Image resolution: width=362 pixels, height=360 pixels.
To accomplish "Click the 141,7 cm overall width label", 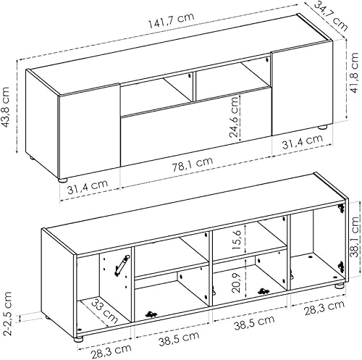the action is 171,20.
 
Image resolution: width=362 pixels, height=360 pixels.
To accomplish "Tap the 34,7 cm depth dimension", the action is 331,16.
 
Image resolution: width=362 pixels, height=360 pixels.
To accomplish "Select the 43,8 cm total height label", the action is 5,106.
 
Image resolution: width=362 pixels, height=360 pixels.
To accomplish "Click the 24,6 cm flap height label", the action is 233,117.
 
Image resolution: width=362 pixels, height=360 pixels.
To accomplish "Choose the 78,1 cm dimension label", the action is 193,164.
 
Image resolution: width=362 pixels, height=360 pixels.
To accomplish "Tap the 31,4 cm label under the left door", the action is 88,186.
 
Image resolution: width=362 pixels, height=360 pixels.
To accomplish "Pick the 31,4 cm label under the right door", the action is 302,141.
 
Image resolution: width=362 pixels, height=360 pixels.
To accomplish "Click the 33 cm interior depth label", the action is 105,311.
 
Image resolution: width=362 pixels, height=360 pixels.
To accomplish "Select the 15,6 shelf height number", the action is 237,240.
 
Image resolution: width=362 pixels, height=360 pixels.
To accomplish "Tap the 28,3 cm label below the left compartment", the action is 111,351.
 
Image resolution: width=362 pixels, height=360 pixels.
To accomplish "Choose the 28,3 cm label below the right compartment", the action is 324,308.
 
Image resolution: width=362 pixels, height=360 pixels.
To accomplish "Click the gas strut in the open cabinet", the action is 122,265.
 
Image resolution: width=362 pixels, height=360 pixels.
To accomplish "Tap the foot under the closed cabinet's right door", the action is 322,127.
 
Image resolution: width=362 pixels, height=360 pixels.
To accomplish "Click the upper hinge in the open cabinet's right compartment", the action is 341,208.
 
